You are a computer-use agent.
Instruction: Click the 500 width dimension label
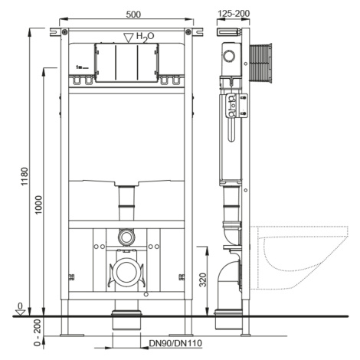[133, 15]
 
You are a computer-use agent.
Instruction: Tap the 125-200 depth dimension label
[233, 13]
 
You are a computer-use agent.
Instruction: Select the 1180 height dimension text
[25, 177]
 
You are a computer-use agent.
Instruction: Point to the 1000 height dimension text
[38, 205]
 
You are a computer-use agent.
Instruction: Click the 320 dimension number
[202, 280]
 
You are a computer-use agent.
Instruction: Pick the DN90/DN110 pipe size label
[175, 343]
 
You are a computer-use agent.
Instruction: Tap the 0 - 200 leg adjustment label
[38, 332]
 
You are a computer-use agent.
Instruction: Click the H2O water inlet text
[146, 37]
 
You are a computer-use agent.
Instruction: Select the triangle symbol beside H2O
[129, 38]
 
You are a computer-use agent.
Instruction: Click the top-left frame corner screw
[65, 31]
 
